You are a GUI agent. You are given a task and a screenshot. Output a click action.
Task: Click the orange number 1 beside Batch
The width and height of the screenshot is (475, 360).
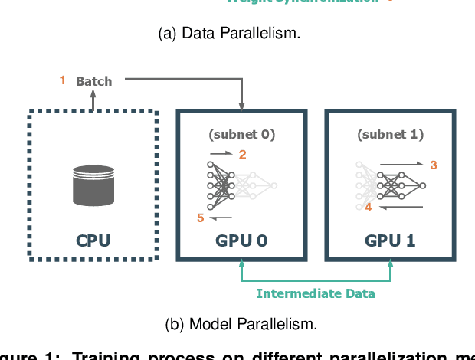(63, 80)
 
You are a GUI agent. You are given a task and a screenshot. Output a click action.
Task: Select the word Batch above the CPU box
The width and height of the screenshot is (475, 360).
(93, 80)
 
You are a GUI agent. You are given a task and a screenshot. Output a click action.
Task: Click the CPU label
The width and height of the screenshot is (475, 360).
(93, 241)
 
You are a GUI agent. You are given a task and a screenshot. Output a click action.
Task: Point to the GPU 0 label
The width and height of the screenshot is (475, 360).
(241, 241)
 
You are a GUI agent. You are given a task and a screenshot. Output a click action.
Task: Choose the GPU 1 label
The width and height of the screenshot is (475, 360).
(390, 241)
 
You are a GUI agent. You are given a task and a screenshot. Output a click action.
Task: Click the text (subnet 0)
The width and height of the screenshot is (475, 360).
(241, 134)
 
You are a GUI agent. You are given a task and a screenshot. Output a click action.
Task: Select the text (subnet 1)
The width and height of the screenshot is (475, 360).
(390, 134)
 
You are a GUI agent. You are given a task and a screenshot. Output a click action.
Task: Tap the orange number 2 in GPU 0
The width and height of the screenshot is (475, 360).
(243, 155)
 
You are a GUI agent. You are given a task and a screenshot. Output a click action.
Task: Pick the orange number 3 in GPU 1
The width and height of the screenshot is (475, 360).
(433, 165)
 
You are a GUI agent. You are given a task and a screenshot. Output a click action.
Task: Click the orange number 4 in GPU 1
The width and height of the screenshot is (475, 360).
(368, 207)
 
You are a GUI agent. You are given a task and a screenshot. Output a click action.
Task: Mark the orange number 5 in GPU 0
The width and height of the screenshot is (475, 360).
(201, 218)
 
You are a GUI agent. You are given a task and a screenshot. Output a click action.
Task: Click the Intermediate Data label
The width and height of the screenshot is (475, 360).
(316, 293)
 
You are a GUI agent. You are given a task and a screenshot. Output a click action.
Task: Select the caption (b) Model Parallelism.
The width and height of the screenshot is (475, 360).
(241, 323)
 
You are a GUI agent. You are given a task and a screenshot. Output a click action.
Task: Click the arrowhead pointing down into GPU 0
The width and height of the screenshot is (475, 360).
(241, 105)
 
